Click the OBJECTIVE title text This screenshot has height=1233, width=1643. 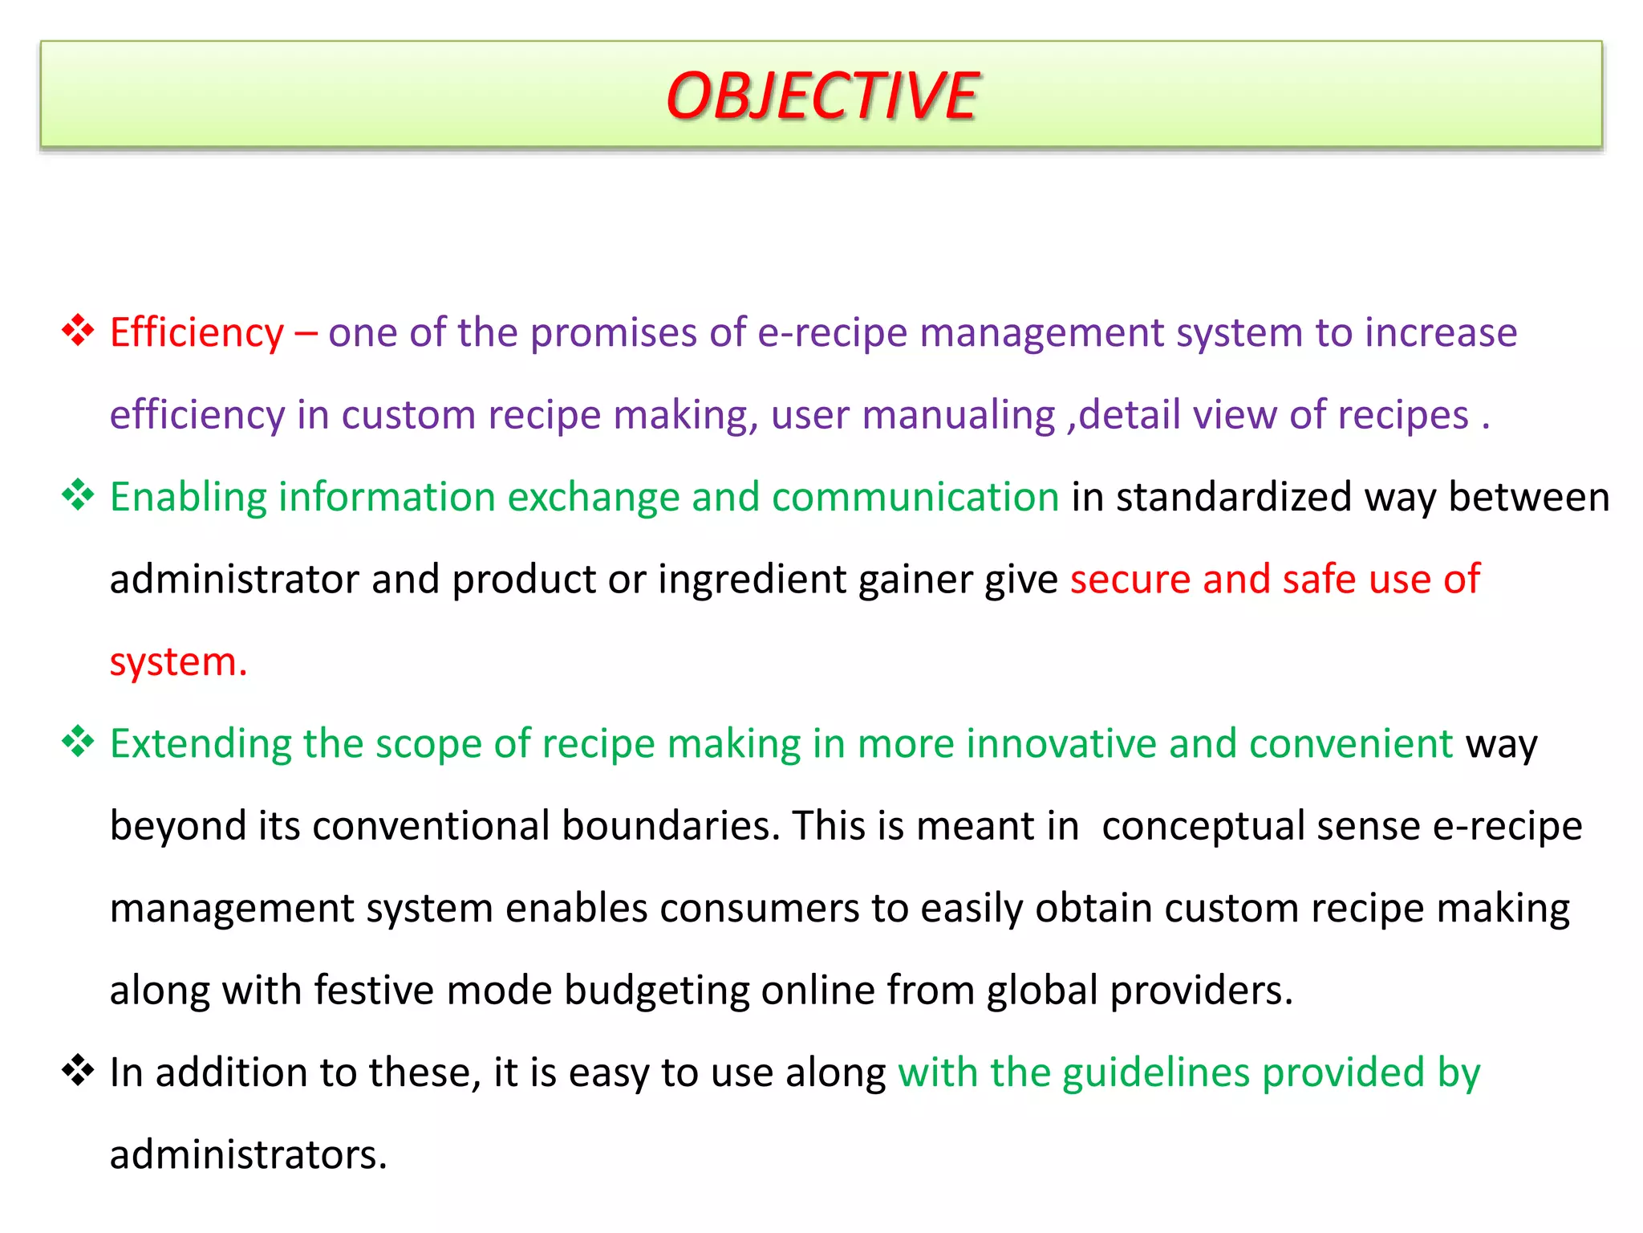[x=821, y=96]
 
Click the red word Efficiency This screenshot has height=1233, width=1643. [x=197, y=332]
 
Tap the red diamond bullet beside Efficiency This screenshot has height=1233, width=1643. [x=78, y=331]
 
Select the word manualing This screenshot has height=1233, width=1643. [x=958, y=416]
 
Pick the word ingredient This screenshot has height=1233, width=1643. [x=752, y=580]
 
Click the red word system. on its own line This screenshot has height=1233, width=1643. [x=178, y=663]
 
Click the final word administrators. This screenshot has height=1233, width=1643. [x=248, y=1156]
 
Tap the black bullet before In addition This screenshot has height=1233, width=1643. [x=78, y=1071]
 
